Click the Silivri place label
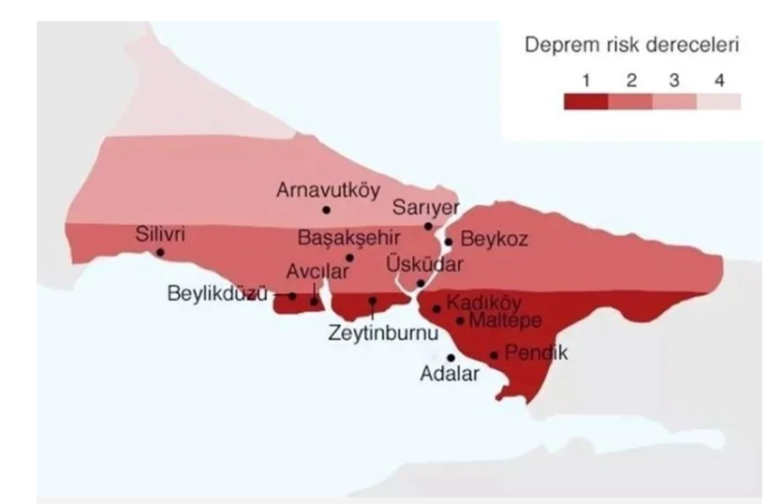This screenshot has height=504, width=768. point(159,233)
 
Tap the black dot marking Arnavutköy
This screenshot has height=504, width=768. point(326,209)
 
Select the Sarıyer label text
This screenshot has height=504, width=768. point(423,207)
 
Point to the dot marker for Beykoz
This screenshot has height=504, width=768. point(449,242)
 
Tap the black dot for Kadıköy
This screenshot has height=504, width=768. point(436,308)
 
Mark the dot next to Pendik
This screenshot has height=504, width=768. point(494,355)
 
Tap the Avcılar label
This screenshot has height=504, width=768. point(317,271)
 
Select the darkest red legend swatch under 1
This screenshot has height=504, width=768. point(586,101)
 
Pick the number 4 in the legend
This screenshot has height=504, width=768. point(719,81)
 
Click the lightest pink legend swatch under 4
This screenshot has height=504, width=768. point(718,101)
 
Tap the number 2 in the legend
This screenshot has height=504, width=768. point(630,81)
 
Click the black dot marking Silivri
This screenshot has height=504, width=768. point(160,252)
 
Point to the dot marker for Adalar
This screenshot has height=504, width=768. point(450,357)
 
